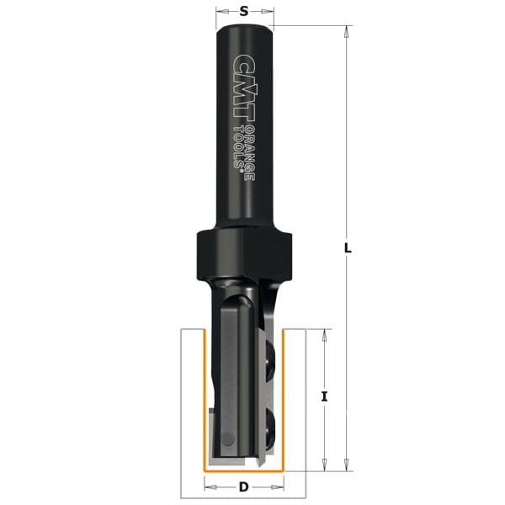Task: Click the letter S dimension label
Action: tap(243, 12)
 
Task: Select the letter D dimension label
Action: tap(243, 487)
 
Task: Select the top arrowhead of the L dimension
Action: tap(346, 31)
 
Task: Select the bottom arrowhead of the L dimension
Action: tap(346, 465)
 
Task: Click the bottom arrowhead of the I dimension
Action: tap(325, 465)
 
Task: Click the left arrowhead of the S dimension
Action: tap(220, 12)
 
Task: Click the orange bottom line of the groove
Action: tap(243, 470)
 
